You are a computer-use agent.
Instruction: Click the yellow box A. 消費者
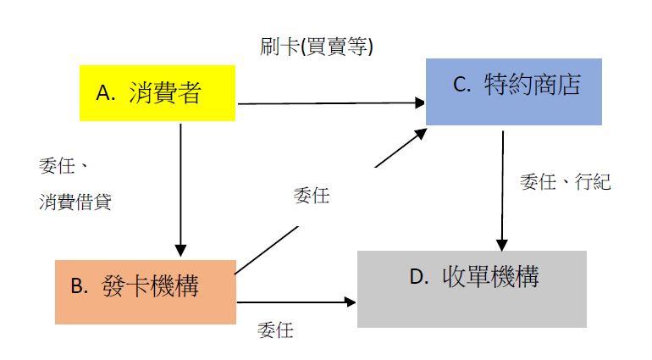(x=157, y=92)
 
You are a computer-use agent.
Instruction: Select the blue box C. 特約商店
(x=513, y=91)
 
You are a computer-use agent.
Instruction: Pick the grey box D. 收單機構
(x=472, y=288)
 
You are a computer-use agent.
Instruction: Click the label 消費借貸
(x=75, y=202)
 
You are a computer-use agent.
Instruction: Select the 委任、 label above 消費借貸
(x=64, y=165)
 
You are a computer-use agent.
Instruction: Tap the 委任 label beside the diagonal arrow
(x=311, y=196)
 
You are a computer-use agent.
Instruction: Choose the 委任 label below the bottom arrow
(x=274, y=330)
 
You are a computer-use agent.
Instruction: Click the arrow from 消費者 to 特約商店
(x=330, y=104)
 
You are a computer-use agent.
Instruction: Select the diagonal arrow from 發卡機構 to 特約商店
(x=330, y=203)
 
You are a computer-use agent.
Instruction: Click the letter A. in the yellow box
(x=106, y=93)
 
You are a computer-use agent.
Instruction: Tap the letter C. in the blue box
(x=461, y=85)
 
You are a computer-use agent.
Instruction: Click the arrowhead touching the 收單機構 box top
(x=503, y=243)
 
